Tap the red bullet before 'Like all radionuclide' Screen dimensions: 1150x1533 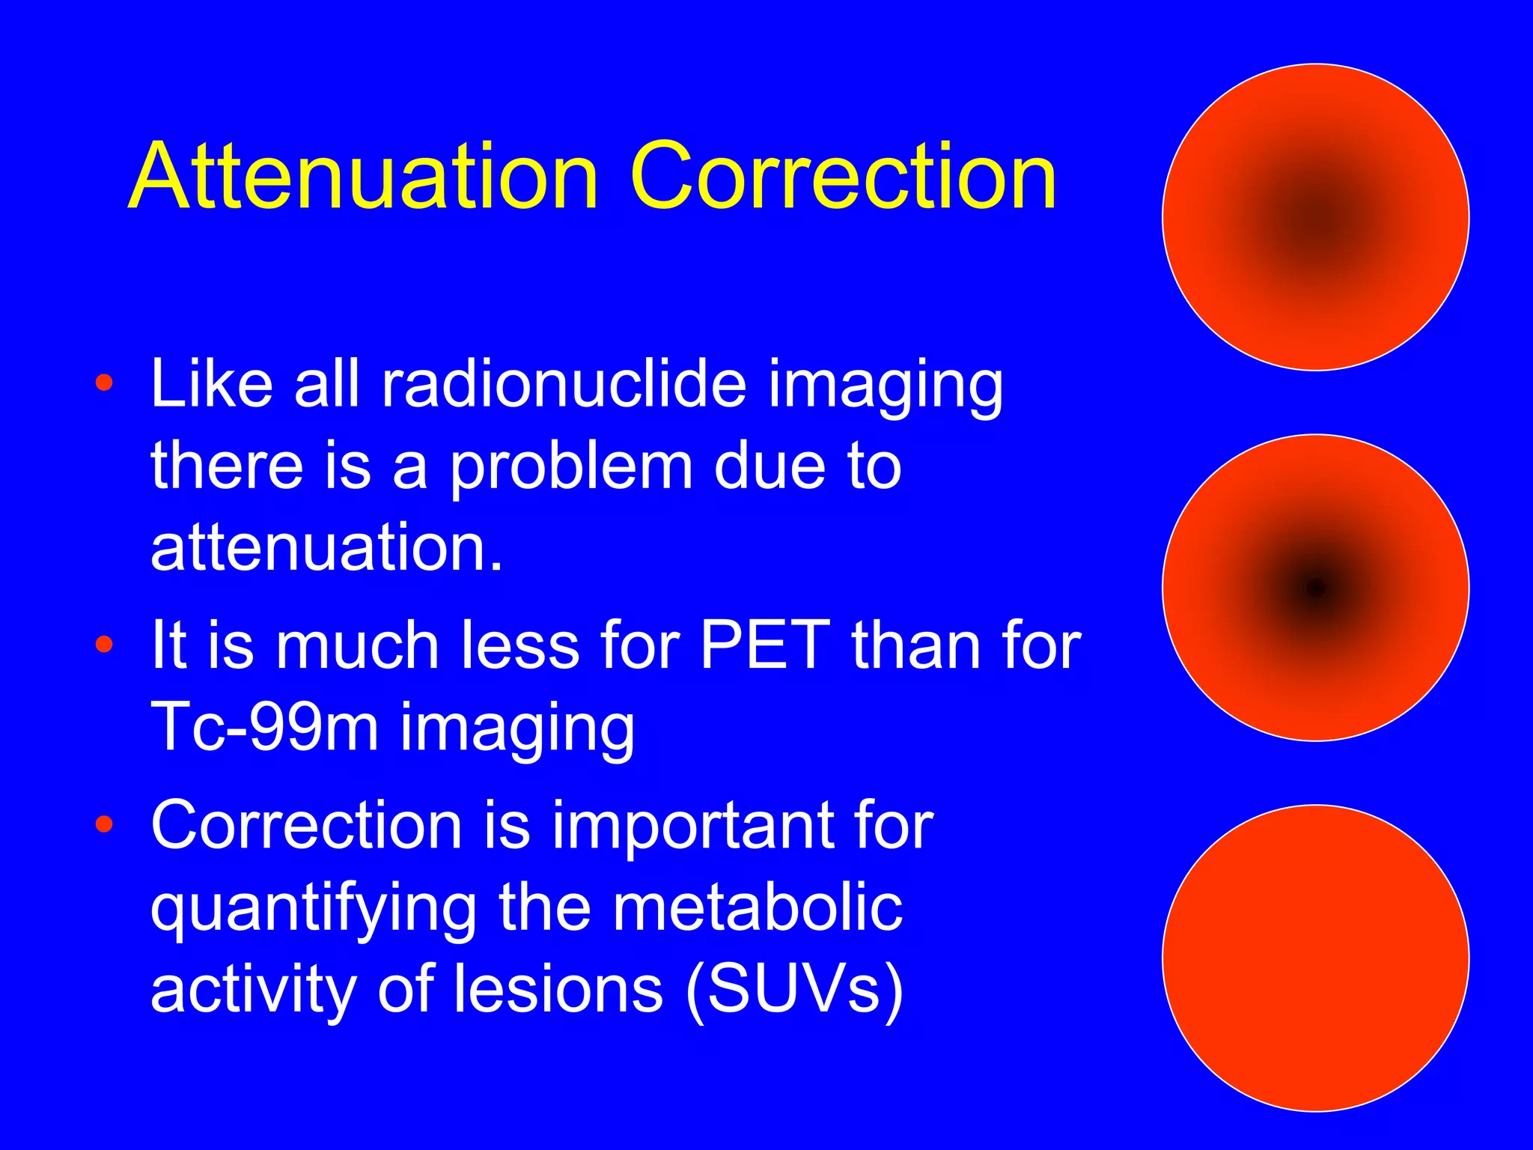pyautogui.click(x=104, y=383)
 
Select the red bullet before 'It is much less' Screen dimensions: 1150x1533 pyautogui.click(x=104, y=644)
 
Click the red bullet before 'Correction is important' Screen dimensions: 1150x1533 pyautogui.click(x=104, y=824)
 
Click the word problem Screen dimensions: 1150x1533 pyautogui.click(x=571, y=468)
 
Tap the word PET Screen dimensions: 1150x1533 pyautogui.click(x=764, y=645)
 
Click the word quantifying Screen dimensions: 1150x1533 pyautogui.click(x=314, y=910)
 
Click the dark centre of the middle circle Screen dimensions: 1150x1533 pyautogui.click(x=1315, y=588)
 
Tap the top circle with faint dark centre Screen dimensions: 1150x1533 pyautogui.click(x=1315, y=217)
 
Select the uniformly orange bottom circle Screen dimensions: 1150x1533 pyautogui.click(x=1315, y=958)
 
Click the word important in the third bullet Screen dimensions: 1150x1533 pyautogui.click(x=692, y=827)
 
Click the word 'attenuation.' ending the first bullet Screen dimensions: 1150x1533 pyautogui.click(x=326, y=548)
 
